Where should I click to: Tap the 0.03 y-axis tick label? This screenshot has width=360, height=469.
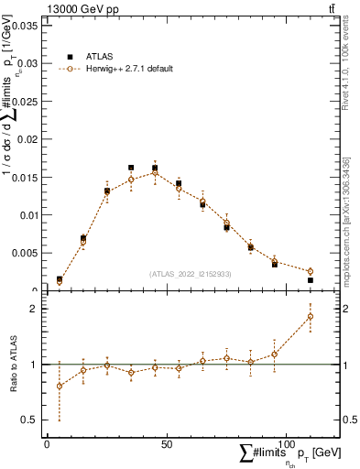27,63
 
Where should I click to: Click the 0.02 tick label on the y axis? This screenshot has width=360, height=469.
27,139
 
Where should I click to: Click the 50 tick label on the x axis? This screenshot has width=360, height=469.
167,443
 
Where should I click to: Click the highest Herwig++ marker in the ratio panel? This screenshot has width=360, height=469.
310,316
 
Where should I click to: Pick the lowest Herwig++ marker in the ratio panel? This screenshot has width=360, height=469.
60,386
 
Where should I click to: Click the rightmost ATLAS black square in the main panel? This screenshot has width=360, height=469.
310,280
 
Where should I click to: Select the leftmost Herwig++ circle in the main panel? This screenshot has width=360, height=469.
60,282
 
